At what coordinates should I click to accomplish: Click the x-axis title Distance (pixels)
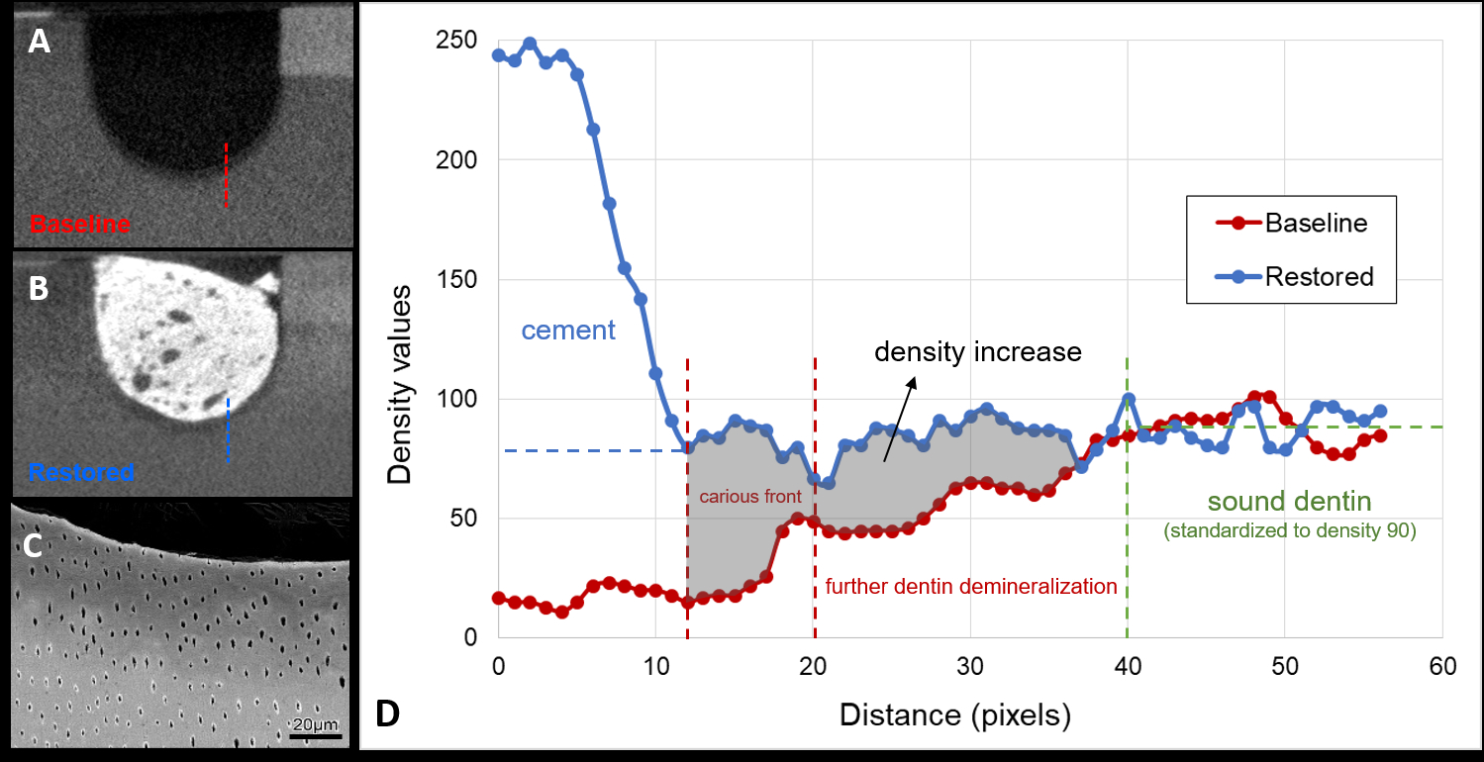[x=955, y=714]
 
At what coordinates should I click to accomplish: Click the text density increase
[x=976, y=351]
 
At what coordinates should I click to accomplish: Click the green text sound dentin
[x=1288, y=501]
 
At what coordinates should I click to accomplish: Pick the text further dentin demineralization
[x=970, y=587]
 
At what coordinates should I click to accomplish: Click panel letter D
[x=386, y=713]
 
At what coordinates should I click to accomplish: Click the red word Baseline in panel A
[x=80, y=225]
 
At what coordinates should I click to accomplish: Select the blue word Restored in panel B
[x=81, y=472]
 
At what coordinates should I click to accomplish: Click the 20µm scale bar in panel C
[x=316, y=735]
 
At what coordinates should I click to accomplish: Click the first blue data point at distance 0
[x=498, y=55]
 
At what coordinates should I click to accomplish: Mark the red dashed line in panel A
[x=226, y=175]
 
